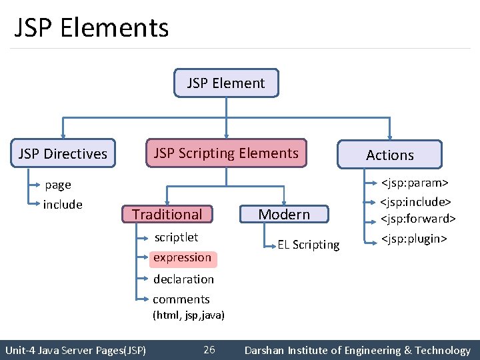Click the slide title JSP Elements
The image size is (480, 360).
(91, 28)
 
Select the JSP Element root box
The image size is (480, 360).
(226, 83)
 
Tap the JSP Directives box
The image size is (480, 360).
(63, 154)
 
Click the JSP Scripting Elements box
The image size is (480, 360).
(226, 153)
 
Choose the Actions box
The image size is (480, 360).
(390, 155)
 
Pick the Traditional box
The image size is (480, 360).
(167, 214)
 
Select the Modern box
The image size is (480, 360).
(284, 214)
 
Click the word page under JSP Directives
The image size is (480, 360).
(58, 185)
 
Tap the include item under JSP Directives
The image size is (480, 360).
(63, 205)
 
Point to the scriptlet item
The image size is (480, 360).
(176, 237)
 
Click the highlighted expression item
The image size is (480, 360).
(182, 257)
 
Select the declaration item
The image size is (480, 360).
(183, 279)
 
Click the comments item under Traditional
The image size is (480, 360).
(181, 299)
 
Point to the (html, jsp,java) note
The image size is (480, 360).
(189, 315)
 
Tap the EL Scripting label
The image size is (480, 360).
(309, 245)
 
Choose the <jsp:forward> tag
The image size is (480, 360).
(418, 219)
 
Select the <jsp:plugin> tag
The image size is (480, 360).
(413, 239)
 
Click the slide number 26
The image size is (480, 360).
(209, 350)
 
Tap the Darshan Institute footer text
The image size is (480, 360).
(357, 350)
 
